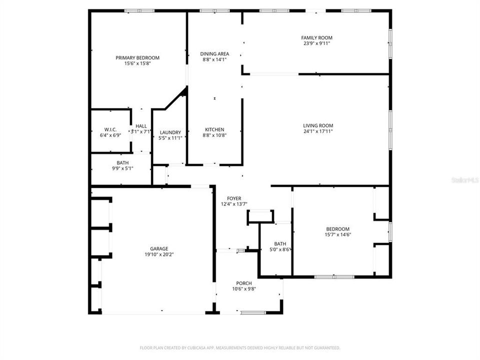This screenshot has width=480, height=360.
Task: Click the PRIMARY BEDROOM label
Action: (137, 57)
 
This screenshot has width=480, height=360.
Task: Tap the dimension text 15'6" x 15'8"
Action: (137, 63)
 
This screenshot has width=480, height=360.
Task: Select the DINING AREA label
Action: (214, 53)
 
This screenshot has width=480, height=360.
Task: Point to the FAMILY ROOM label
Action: (316, 37)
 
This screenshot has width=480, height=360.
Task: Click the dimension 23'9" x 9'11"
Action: (316, 43)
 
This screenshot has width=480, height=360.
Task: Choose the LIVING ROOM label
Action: (318, 125)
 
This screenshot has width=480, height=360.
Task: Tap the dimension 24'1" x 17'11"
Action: (318, 131)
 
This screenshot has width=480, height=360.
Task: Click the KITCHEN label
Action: (214, 129)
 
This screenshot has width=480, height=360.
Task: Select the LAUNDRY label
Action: (170, 132)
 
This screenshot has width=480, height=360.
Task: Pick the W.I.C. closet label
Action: (110, 129)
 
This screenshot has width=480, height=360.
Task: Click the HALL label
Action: (141, 126)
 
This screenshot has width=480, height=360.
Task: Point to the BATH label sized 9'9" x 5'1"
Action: (122, 163)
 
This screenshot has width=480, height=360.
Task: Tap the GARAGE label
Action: (159, 248)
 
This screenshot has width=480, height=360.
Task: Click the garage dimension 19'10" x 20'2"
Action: (159, 254)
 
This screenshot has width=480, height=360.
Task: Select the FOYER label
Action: (234, 198)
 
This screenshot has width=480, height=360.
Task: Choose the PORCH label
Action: (244, 283)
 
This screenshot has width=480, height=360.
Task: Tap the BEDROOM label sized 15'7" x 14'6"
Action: (338, 228)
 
